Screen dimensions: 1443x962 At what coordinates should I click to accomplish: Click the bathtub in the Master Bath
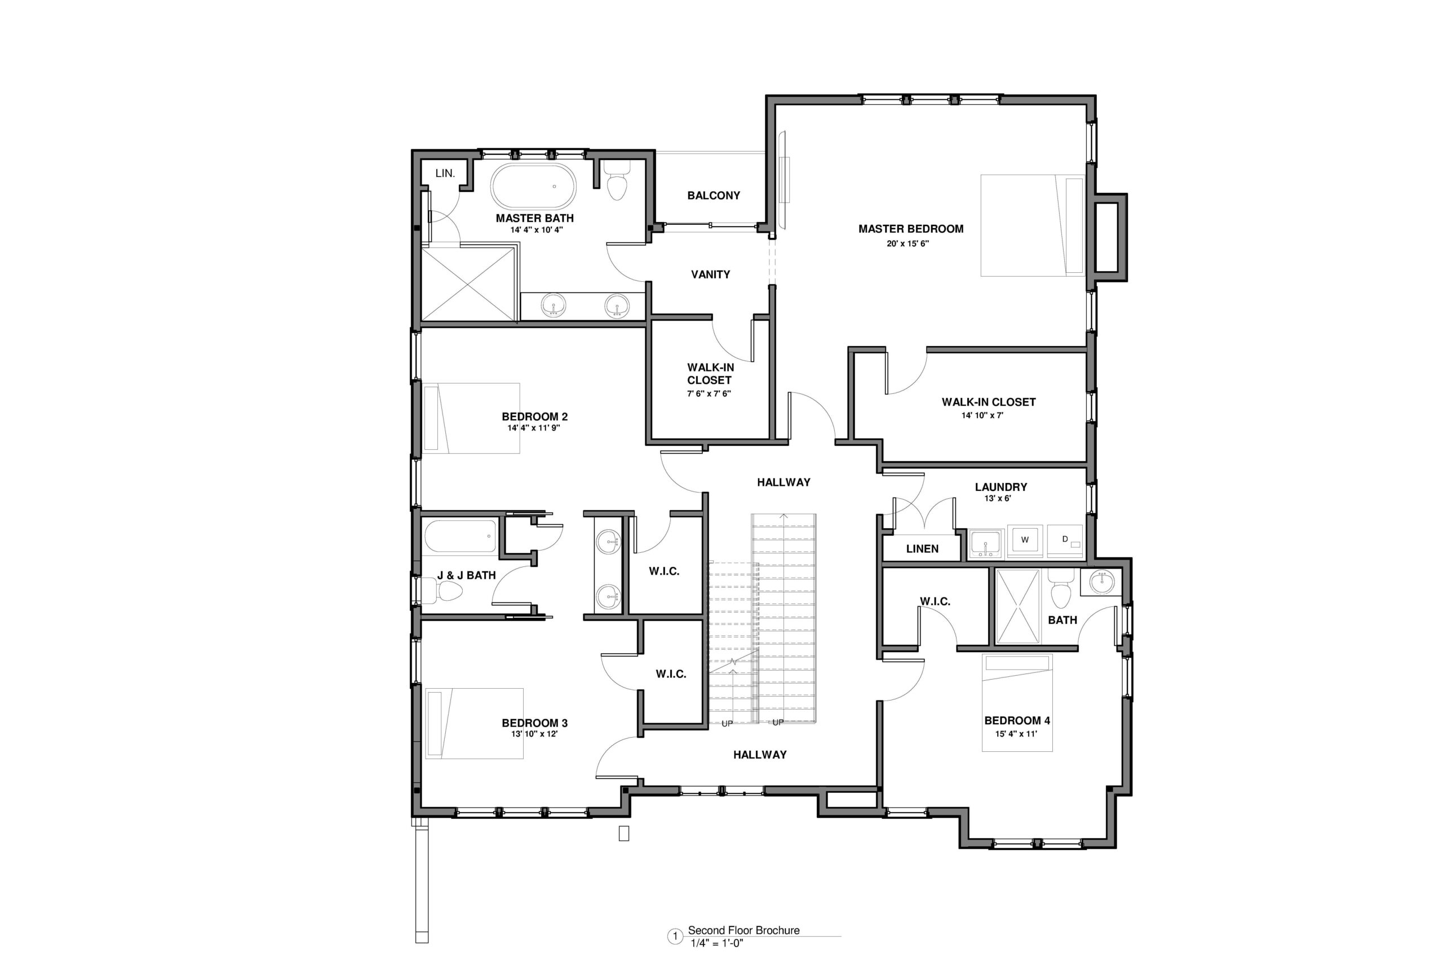533,187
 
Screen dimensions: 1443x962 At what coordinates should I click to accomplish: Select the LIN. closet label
445,174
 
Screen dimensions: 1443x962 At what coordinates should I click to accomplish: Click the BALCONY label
714,196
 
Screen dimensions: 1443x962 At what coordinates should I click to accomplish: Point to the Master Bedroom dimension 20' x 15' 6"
908,243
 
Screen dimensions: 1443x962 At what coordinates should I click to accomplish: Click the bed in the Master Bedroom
1033,225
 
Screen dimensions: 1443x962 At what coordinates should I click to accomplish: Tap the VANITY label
710,275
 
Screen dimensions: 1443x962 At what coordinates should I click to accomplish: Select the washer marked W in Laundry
1025,540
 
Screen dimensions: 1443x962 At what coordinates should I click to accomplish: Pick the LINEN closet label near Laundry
922,549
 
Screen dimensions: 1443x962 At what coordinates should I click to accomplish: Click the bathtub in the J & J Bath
459,535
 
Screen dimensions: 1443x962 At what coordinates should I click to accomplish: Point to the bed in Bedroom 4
1017,703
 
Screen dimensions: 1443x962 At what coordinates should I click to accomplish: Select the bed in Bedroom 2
471,418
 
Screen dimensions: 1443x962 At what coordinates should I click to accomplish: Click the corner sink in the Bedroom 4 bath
1101,582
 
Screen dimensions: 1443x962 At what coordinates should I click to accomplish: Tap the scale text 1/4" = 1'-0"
716,943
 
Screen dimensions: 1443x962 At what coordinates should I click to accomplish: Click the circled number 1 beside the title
675,937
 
